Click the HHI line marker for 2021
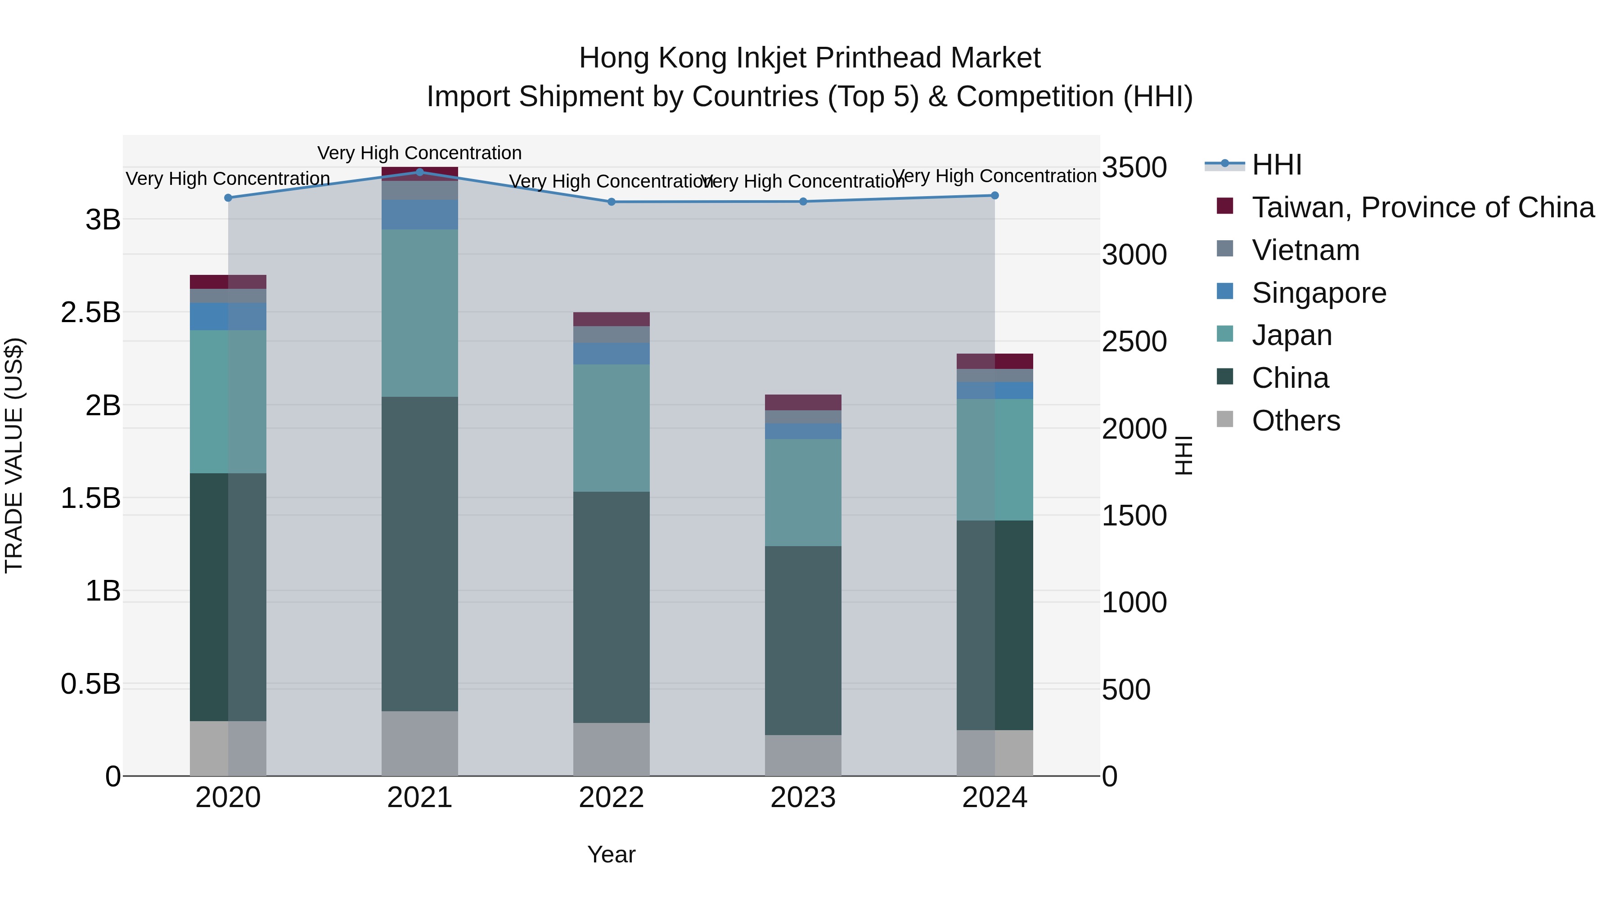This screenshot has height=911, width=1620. click(x=419, y=172)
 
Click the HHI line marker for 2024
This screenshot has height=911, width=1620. click(x=994, y=196)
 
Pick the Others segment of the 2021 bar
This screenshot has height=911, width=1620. click(x=419, y=743)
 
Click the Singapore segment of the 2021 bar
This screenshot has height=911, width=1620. click(x=419, y=215)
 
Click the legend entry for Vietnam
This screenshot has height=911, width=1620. click(x=1305, y=250)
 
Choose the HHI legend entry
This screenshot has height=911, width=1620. click(x=1276, y=165)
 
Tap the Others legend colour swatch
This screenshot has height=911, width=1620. click(x=1225, y=419)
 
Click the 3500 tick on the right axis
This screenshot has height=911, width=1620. click(x=1134, y=168)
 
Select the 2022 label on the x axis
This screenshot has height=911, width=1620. click(x=611, y=798)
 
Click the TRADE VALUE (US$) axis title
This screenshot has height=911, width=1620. click(x=14, y=455)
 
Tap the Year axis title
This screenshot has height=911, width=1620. click(x=611, y=854)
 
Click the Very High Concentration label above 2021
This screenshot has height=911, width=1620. click(x=419, y=153)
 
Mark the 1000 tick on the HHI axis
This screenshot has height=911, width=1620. click(x=1134, y=602)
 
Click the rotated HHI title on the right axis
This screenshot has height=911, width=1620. click(x=1183, y=455)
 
